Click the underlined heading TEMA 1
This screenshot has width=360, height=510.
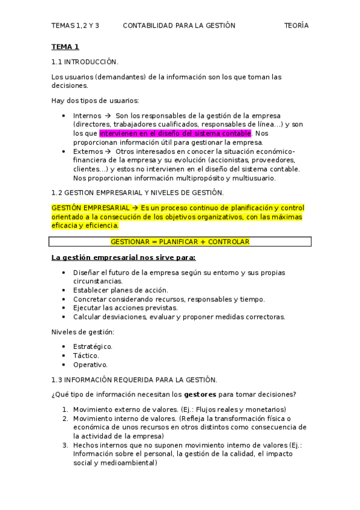click(65, 46)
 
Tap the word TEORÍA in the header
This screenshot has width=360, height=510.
click(296, 25)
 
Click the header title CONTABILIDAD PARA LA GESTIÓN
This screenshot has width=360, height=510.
click(178, 25)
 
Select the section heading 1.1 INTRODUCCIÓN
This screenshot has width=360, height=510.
click(85, 61)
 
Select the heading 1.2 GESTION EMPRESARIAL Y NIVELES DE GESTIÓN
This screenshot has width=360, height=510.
click(138, 192)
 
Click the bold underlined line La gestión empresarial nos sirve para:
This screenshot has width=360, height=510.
click(123, 257)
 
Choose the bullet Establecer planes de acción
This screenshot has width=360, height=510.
click(120, 290)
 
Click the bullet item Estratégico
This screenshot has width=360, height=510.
click(93, 346)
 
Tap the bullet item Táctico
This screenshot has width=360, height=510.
click(86, 355)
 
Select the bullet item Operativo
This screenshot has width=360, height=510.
click(90, 364)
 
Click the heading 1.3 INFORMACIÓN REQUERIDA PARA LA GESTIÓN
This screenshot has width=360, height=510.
click(134, 379)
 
